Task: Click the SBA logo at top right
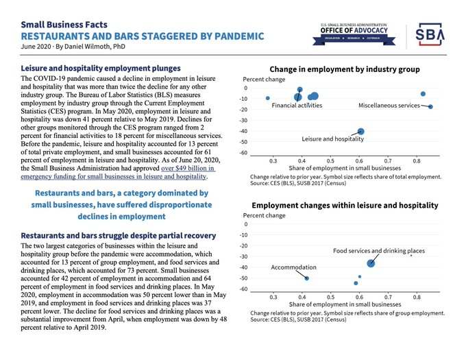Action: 430,34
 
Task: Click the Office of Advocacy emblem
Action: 354,33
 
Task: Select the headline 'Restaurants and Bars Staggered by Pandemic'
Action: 142,36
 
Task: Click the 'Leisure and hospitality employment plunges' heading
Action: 101,69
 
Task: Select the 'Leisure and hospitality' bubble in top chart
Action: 360,132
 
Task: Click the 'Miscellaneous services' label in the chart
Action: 389,106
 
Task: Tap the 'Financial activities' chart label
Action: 296,106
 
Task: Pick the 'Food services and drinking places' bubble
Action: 371,263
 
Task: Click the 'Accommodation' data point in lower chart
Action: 306,278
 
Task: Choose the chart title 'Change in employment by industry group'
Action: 345,69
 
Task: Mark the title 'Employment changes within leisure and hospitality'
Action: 345,205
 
